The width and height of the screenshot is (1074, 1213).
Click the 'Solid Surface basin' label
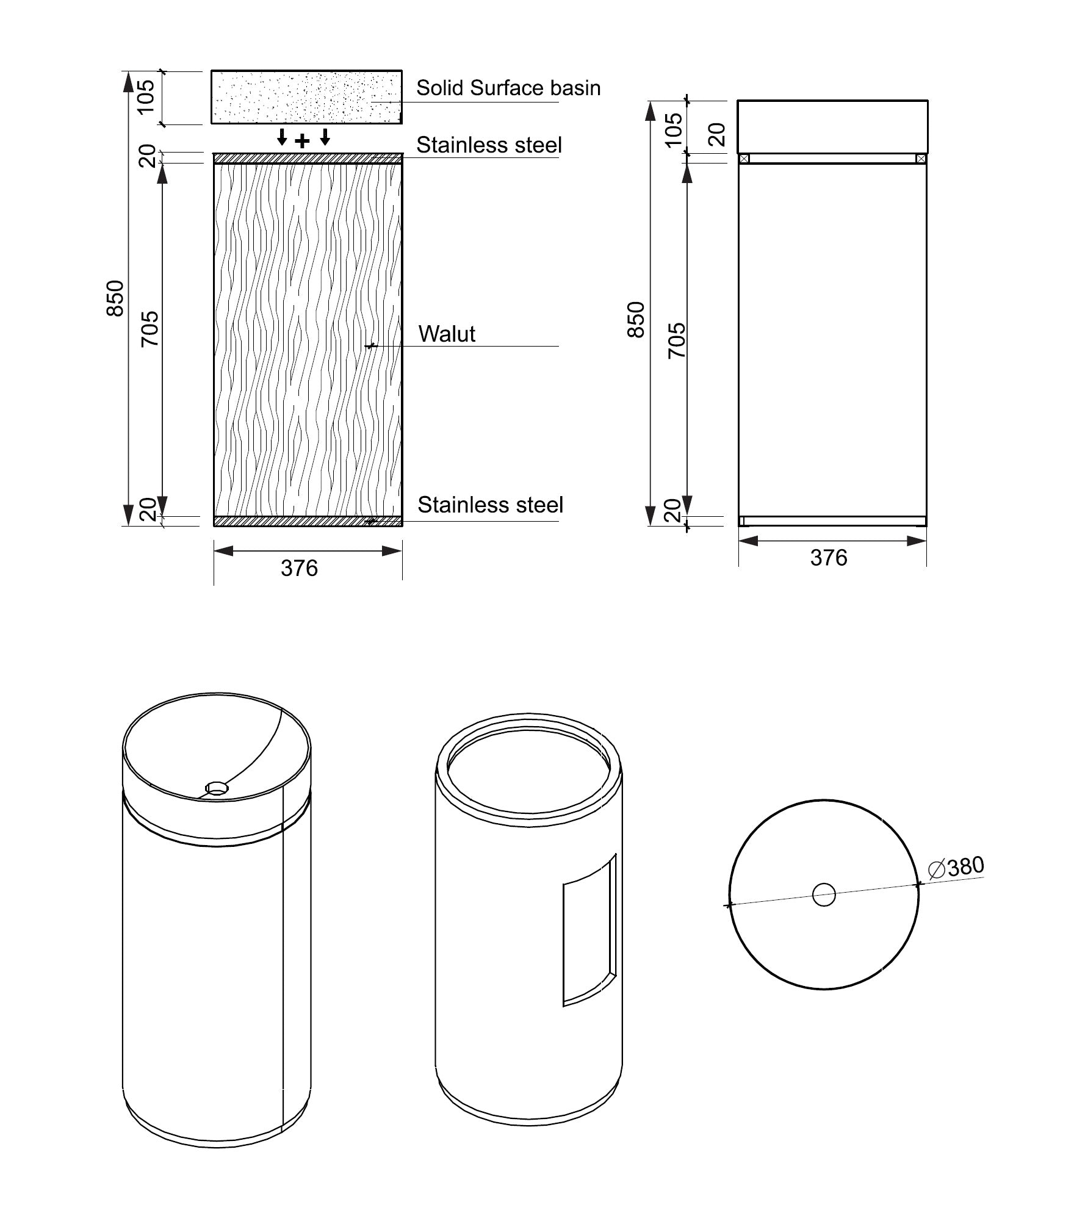point(508,88)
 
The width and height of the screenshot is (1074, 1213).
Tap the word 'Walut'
point(447,334)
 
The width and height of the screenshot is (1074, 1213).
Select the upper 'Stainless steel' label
point(489,145)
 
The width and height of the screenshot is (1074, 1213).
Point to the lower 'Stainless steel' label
point(490,505)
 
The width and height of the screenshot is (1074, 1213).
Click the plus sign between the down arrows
point(303,142)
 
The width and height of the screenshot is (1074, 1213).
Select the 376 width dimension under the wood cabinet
point(299,569)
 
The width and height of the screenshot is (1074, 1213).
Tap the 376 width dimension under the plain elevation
point(829,558)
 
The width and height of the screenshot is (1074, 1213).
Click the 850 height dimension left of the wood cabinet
point(115,298)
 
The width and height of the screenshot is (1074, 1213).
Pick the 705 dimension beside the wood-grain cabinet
point(150,329)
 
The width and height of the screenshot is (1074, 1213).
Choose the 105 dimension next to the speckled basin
point(147,97)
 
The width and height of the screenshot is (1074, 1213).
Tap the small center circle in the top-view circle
point(824,895)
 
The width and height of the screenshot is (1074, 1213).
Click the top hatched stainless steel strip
point(308,159)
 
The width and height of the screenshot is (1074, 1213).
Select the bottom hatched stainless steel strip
point(308,521)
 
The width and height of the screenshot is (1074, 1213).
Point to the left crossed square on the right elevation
point(743,159)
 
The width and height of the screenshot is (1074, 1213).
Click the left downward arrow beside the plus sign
point(281,137)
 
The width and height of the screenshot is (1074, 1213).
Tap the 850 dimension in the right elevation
point(636,320)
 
